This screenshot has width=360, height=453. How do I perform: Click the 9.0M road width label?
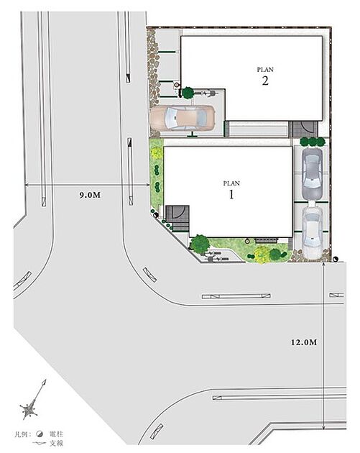[x=90, y=195]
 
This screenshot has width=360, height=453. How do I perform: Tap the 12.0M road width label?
[x=304, y=342]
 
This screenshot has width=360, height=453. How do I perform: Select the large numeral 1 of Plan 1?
[x=231, y=195]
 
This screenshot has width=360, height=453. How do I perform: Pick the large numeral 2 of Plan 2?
[x=265, y=81]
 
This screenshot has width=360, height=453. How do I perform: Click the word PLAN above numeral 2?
[x=265, y=70]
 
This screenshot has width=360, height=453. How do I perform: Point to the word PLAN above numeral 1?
[x=231, y=183]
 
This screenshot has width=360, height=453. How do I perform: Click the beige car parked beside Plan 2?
[x=183, y=118]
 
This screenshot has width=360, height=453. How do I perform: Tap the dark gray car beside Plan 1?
[x=312, y=174]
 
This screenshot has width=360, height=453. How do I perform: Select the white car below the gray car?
[x=312, y=233]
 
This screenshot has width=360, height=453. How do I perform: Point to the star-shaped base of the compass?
[x=29, y=411]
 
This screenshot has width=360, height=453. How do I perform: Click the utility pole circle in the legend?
[x=40, y=434]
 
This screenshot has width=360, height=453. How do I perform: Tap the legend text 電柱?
[x=56, y=434]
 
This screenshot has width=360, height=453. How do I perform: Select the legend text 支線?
[x=56, y=443]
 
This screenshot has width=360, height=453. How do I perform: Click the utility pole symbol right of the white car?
[x=335, y=259]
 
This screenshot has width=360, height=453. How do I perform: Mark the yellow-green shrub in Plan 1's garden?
[x=260, y=255]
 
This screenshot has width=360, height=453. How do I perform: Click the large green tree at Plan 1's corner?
[x=200, y=244]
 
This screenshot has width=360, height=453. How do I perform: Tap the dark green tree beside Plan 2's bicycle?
[x=188, y=93]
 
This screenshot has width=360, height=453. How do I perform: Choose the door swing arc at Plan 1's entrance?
[x=178, y=213]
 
